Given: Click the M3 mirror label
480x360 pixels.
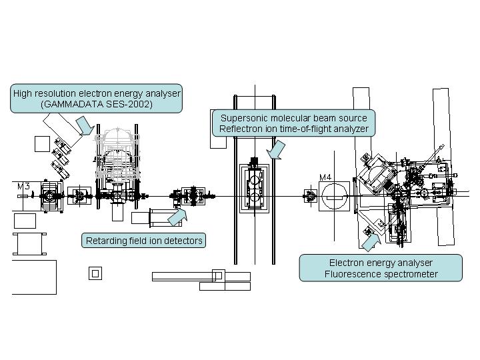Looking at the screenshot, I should (23, 186).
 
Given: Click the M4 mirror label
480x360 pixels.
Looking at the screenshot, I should (326, 177).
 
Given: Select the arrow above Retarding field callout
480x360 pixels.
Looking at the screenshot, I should (177, 216).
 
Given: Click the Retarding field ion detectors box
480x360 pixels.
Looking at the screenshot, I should (144, 240).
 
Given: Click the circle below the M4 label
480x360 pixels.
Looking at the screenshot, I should (335, 197).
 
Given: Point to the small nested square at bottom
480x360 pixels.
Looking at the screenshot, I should (95, 273).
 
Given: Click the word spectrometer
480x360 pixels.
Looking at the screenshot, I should (410, 274).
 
